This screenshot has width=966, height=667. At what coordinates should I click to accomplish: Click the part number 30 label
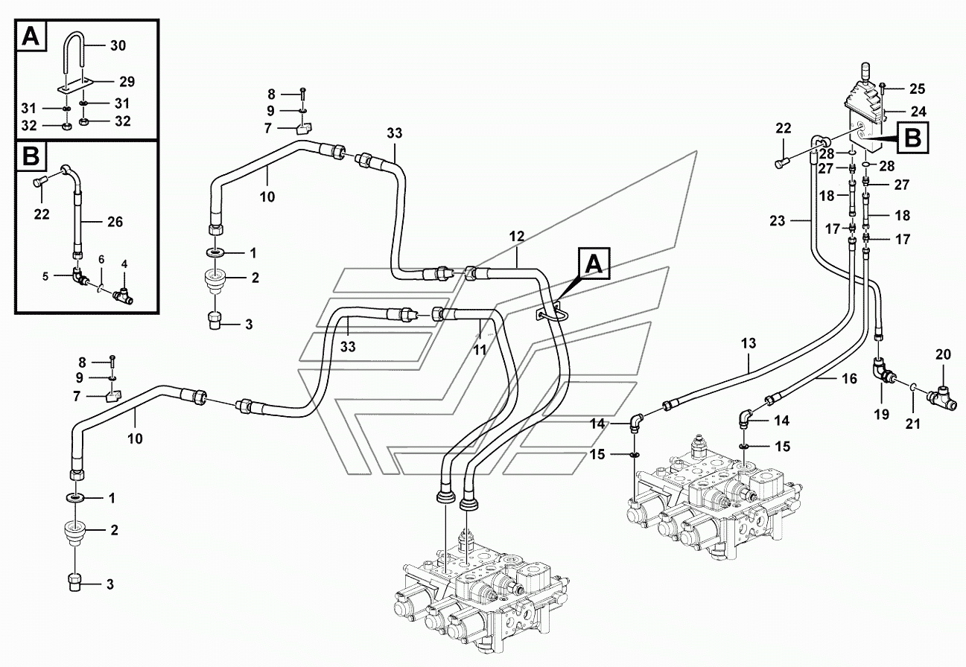coord(118,45)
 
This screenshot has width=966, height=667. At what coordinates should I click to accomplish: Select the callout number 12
coord(517,236)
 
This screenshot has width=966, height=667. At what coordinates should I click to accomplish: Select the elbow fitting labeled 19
coord(881,369)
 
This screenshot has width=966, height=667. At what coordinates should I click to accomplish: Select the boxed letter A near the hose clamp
coord(593,264)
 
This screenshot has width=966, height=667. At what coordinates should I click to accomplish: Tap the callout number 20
coord(944,355)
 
